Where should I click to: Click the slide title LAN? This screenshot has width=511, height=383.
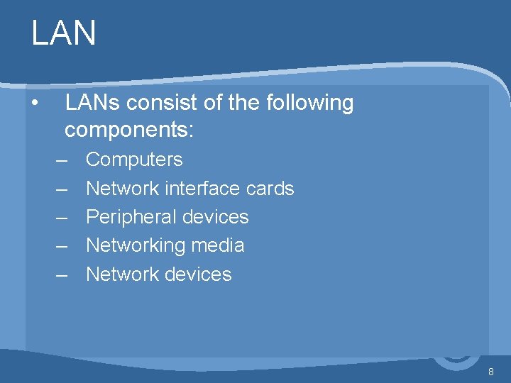click(x=63, y=33)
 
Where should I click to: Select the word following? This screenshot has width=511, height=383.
click(x=309, y=104)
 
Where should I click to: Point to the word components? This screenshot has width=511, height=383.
click(x=129, y=131)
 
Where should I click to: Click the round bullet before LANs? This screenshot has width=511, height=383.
click(x=35, y=103)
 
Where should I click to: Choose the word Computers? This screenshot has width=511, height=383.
click(x=133, y=160)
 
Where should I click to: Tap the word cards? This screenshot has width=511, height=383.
click(x=269, y=189)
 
